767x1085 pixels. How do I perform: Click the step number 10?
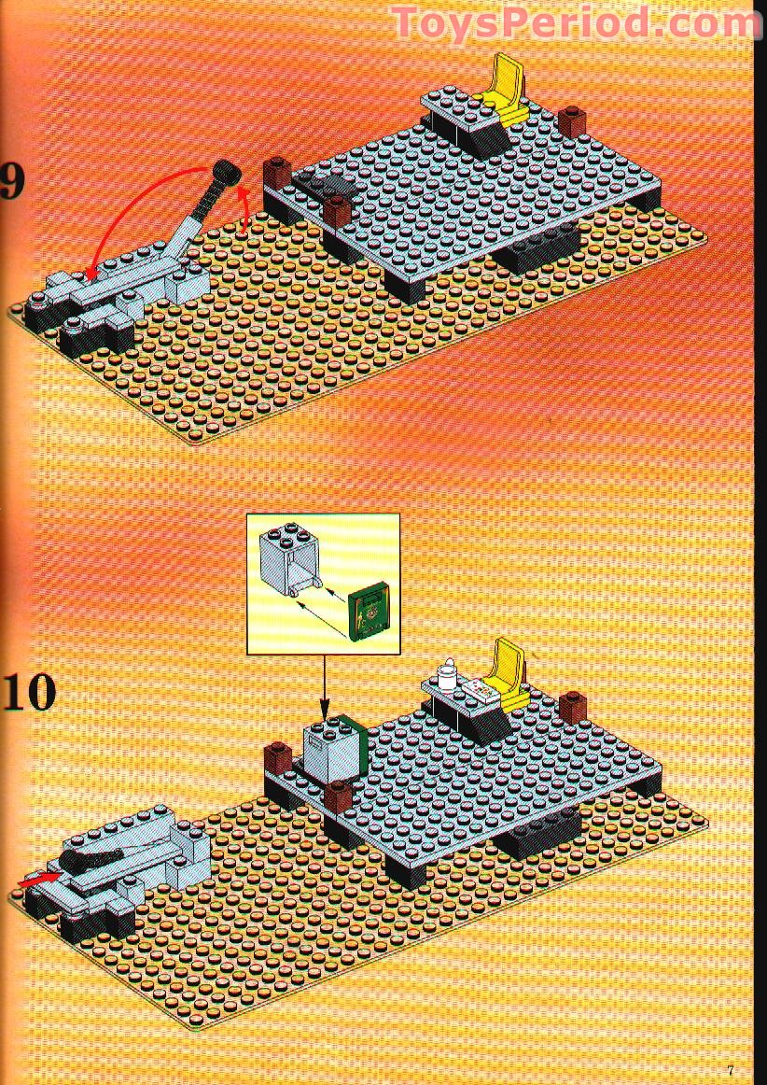[28, 691]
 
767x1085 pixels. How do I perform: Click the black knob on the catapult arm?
[224, 171]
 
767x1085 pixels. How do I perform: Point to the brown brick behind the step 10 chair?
[574, 707]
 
